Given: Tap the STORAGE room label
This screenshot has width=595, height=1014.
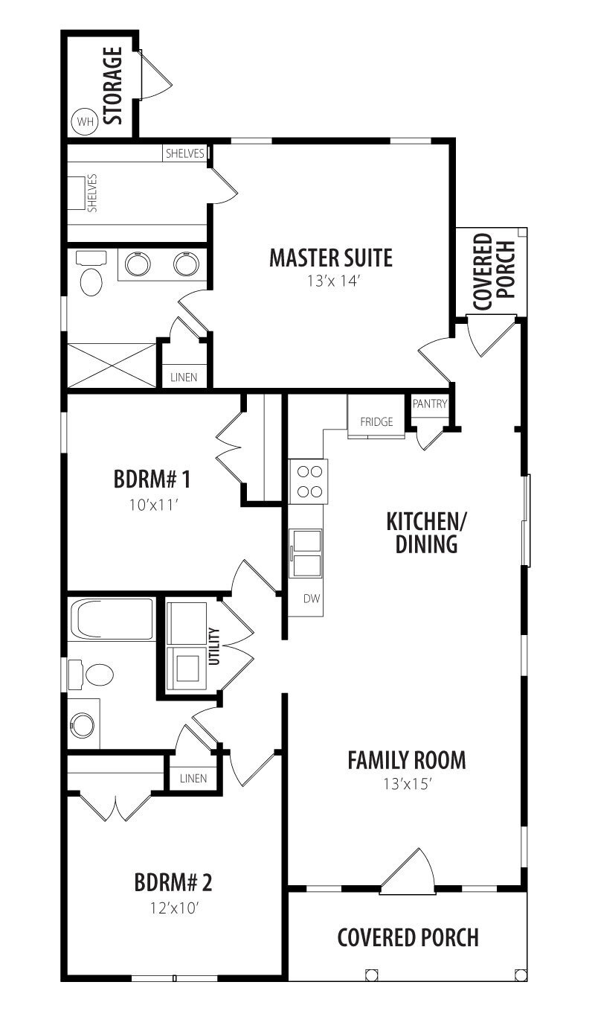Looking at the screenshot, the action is click(x=113, y=86).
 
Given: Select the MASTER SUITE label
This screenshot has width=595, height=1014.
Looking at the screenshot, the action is click(x=331, y=258).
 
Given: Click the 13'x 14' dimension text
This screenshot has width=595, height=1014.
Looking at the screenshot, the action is click(x=333, y=281).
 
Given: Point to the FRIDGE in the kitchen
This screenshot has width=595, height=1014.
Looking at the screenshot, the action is click(x=376, y=422).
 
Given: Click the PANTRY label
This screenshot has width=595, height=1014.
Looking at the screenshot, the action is click(x=430, y=404).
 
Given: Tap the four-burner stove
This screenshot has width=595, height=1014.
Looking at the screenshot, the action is click(x=309, y=482).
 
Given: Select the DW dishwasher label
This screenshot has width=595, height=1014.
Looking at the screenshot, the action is click(x=312, y=599).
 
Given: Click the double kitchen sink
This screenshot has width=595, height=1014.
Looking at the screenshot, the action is click(x=306, y=554).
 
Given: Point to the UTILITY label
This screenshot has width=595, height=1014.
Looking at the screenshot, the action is click(x=215, y=646).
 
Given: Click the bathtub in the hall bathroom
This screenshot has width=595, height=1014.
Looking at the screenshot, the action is click(x=115, y=619).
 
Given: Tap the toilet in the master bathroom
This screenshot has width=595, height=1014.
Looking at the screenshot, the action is click(x=91, y=273).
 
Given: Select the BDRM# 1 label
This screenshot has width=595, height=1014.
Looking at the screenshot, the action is click(x=152, y=479).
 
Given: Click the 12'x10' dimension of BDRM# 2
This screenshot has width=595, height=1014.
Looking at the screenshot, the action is click(x=175, y=908).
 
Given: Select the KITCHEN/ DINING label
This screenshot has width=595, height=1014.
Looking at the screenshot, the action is click(x=426, y=533).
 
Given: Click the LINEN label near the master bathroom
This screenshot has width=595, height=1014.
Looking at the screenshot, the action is click(x=184, y=377).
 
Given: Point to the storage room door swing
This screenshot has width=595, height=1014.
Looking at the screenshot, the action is click(x=156, y=74).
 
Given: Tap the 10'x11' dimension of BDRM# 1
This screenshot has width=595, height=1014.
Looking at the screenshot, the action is click(x=152, y=505).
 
